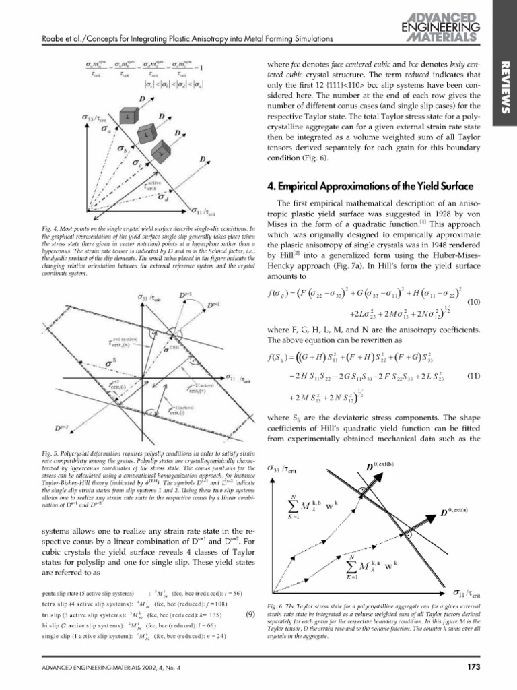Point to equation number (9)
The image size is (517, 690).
pos(250,615)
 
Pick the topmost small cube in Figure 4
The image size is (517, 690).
pos(127,119)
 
